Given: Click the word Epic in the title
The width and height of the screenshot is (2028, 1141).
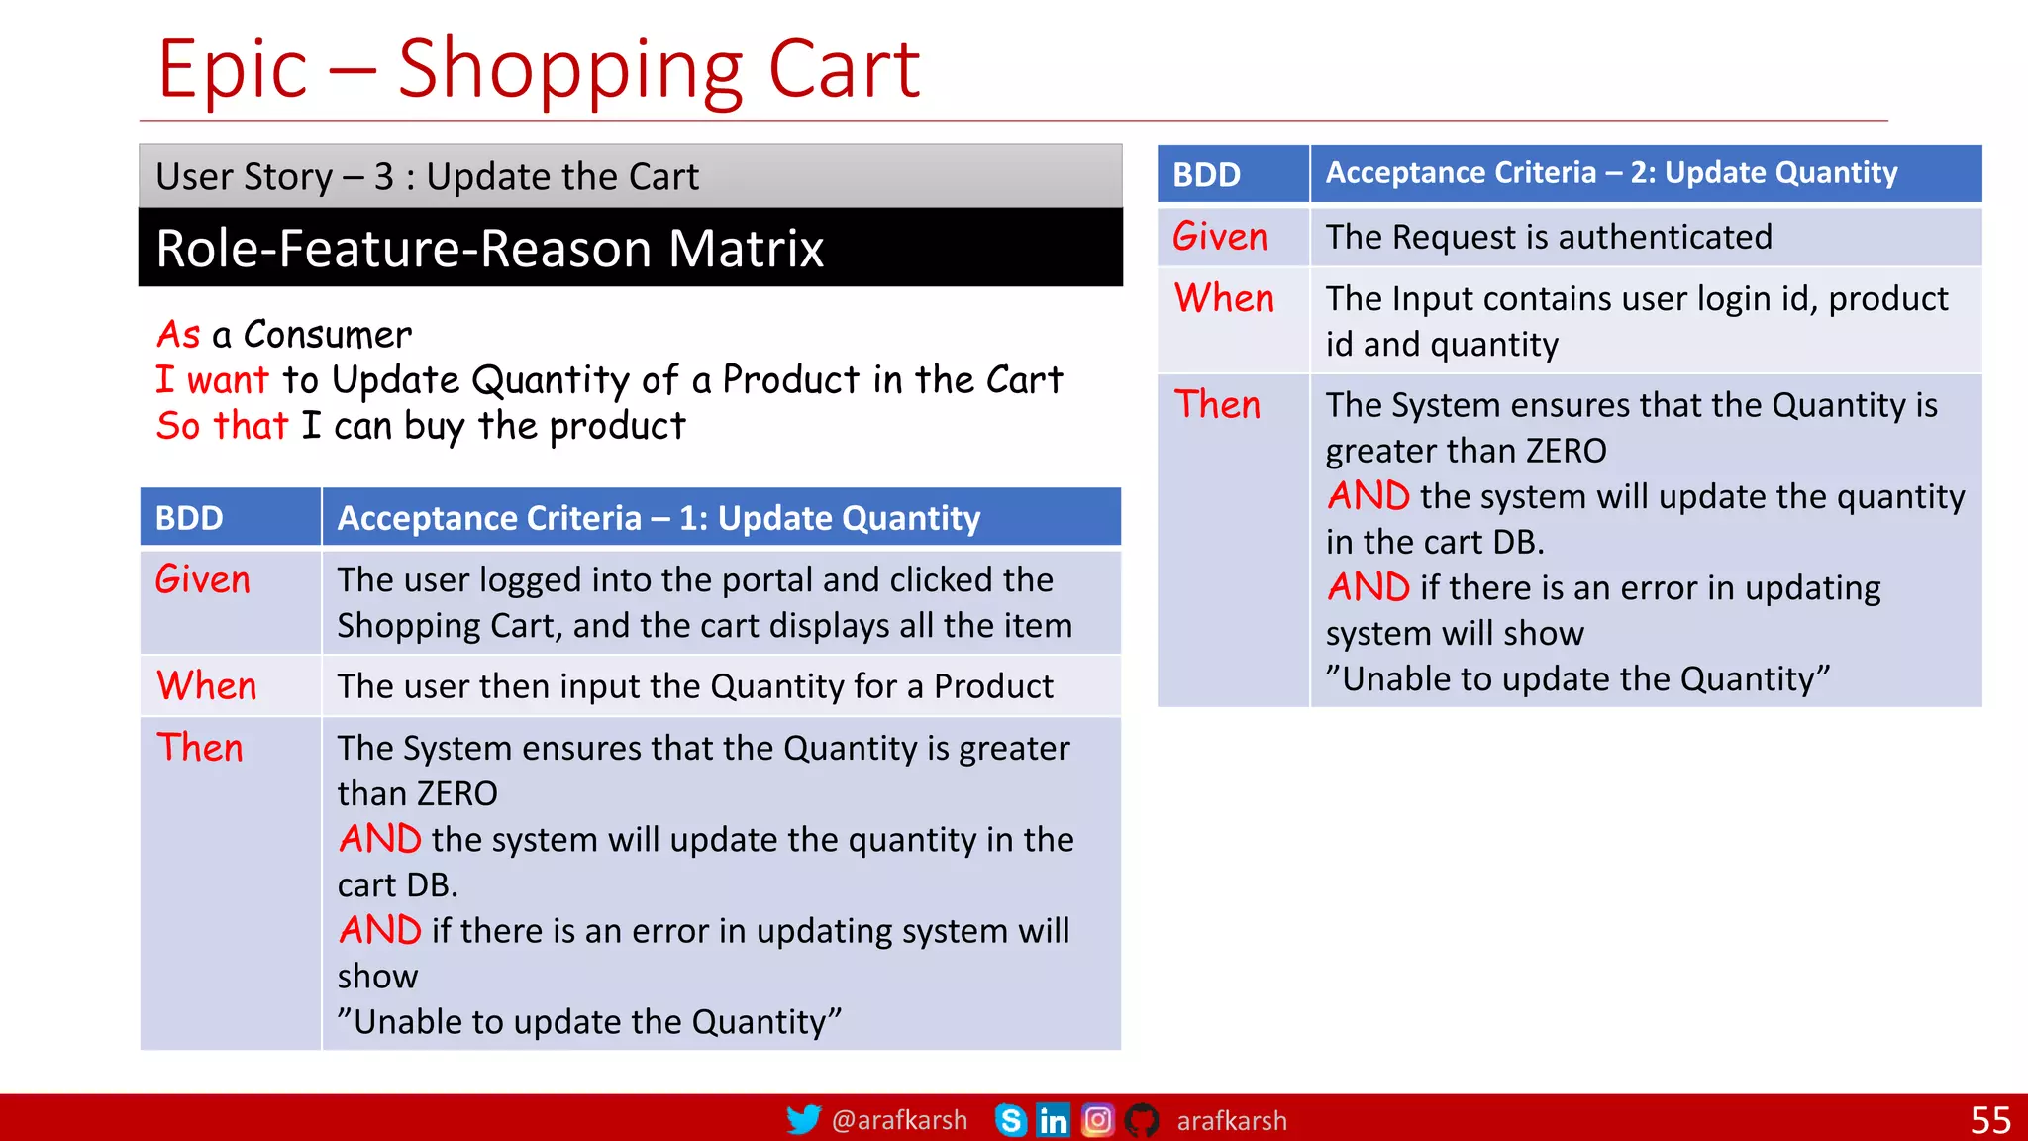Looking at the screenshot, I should [233, 69].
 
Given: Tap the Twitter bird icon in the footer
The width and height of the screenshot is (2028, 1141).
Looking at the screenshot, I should [803, 1119].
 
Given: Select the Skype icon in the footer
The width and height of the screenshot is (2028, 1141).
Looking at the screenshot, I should [1010, 1120].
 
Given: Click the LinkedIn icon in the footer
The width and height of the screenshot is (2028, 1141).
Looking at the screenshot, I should [1053, 1120].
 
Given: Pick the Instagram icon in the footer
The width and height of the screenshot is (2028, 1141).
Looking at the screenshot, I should [1097, 1120].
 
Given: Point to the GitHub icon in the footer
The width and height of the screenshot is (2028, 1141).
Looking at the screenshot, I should [1141, 1120].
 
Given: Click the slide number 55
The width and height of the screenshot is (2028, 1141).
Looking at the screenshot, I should [1989, 1120].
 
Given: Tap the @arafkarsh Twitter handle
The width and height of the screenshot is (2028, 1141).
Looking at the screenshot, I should [899, 1120].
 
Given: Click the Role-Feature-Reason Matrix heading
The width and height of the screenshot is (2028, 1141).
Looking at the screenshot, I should [489, 248].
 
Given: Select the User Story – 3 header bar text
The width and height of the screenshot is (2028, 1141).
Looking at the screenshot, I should [427, 177].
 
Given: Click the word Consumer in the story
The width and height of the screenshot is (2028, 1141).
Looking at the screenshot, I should [327, 335].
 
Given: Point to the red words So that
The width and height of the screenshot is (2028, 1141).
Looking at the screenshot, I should [222, 426].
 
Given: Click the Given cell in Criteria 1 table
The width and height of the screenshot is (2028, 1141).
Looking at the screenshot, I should [203, 579].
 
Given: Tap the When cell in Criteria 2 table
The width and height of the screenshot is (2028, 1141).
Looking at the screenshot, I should [1224, 299].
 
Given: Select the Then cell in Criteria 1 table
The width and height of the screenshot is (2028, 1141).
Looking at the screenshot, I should [200, 748].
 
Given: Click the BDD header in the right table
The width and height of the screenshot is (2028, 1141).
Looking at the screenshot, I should [1206, 175].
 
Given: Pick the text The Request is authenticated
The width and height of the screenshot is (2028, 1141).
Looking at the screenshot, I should [1548, 238].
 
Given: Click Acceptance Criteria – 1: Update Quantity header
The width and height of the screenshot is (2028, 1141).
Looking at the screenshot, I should [659, 518].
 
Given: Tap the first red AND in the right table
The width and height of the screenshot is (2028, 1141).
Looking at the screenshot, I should [1368, 496].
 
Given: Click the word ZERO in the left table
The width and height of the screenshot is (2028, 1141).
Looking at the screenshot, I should [456, 794].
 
